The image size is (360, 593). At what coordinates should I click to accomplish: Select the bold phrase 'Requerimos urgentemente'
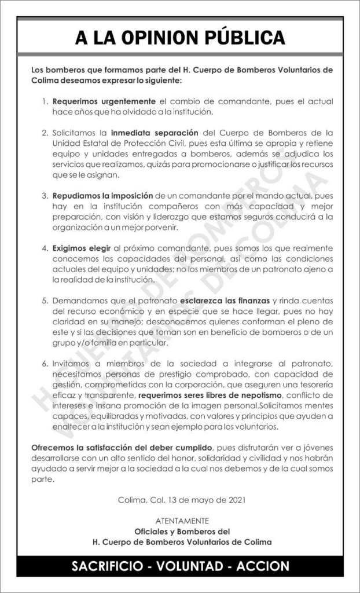pyautogui.click(x=104, y=101)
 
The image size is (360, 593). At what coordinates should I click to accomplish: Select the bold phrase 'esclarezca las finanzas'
pyautogui.click(x=225, y=301)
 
